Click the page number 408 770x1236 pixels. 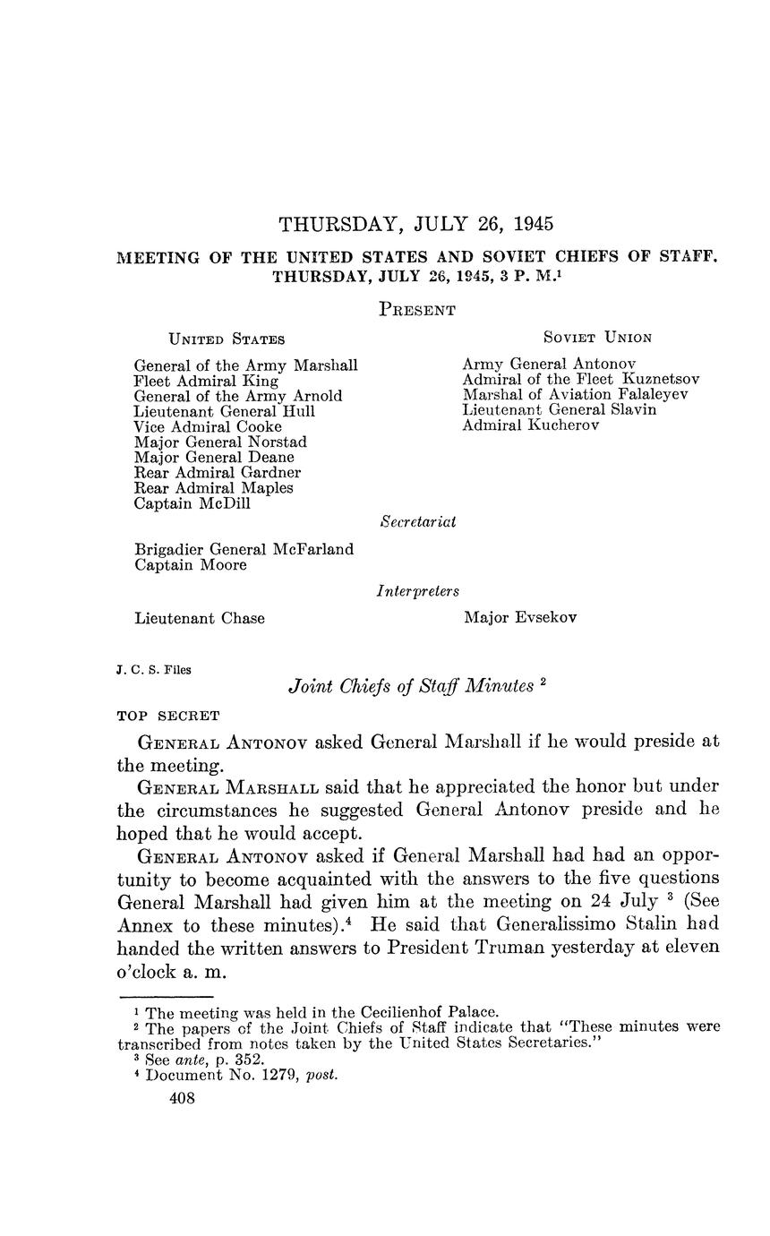[182, 1099]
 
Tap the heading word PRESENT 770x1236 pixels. [417, 310]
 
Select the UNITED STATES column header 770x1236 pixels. [227, 339]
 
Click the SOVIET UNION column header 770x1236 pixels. [597, 338]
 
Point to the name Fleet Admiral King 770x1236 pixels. [206, 381]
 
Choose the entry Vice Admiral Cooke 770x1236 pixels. [208, 426]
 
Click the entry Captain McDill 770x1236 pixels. [192, 503]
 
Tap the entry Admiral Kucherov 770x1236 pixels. [531, 425]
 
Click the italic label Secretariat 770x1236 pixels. [418, 521]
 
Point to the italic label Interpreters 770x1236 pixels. [417, 591]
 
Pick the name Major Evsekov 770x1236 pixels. [520, 617]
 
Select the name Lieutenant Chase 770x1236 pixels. [199, 618]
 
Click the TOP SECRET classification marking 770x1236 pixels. [168, 716]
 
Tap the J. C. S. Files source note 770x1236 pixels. [153, 669]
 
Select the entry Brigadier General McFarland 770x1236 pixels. [244, 549]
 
